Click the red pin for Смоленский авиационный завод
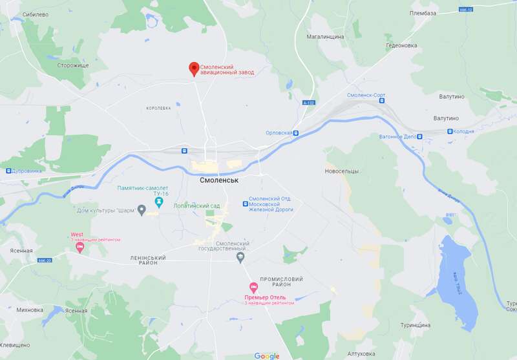tap(193, 69)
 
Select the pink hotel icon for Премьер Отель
tap(253, 288)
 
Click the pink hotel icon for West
tap(80, 248)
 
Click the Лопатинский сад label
tap(197, 206)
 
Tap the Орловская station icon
tap(296, 133)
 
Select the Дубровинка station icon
tap(8, 171)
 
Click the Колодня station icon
tap(450, 131)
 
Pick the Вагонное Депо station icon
tap(419, 136)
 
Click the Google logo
tap(267, 355)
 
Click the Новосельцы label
tap(341, 171)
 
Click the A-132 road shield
tap(310, 103)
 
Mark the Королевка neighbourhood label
tap(158, 108)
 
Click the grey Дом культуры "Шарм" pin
tap(142, 211)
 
